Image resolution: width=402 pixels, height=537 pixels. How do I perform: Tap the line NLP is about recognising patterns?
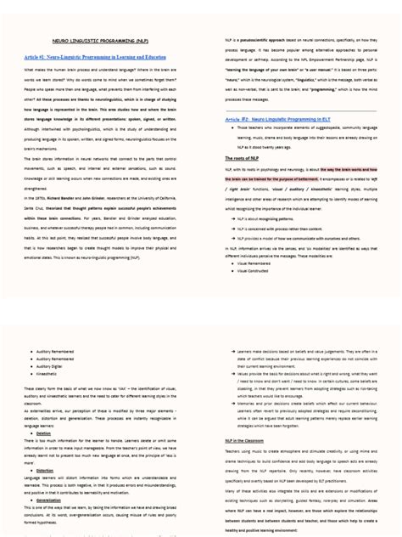[272, 194]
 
